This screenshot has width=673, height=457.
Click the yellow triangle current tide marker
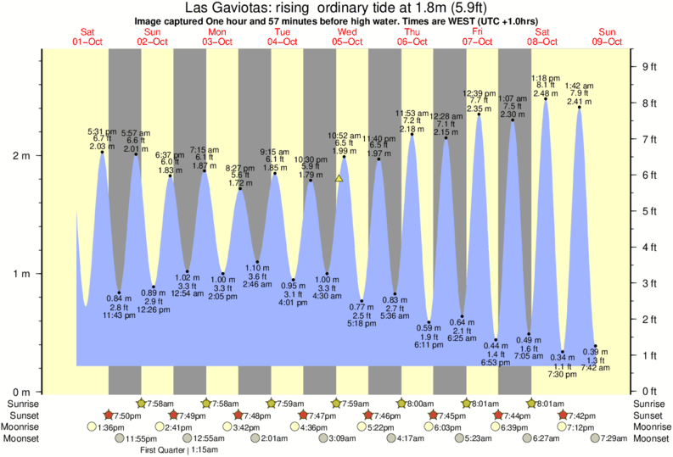tap(339, 179)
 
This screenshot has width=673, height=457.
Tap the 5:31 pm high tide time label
tap(102, 131)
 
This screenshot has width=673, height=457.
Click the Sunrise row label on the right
tap(651, 404)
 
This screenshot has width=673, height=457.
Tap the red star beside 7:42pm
tap(564, 415)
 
